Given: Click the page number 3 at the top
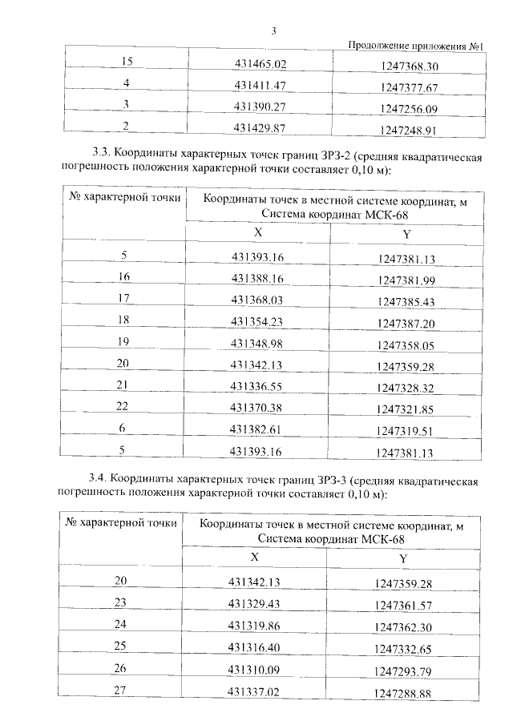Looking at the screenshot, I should pyautogui.click(x=273, y=31).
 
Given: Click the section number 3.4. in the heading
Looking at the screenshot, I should pyautogui.click(x=104, y=481).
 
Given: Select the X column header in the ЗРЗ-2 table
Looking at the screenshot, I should pyautogui.click(x=257, y=232).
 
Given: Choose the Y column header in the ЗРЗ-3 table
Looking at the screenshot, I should pyautogui.click(x=405, y=558).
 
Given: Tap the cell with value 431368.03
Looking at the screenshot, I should pyautogui.click(x=257, y=299).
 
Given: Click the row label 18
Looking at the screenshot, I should pyautogui.click(x=123, y=320).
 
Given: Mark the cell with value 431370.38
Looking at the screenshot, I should pyautogui.click(x=257, y=407).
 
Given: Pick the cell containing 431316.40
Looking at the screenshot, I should pyautogui.click(x=256, y=646).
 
